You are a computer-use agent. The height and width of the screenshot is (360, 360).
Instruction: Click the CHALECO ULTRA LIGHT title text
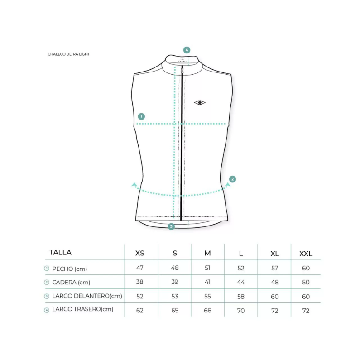(69, 54)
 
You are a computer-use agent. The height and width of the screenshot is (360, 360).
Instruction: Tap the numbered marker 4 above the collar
(187, 50)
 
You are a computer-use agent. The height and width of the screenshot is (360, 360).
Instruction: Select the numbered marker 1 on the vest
(141, 116)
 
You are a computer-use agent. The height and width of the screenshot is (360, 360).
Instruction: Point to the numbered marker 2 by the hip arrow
(233, 179)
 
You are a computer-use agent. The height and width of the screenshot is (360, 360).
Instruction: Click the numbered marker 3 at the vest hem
(171, 226)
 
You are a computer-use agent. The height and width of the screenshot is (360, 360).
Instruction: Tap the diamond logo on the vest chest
(200, 103)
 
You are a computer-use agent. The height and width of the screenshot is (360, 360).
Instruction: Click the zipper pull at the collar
(182, 70)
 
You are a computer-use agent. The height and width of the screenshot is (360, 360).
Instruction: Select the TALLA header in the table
(60, 252)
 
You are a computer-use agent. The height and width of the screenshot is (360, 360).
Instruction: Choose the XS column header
(140, 253)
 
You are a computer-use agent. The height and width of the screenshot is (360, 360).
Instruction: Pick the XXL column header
(306, 254)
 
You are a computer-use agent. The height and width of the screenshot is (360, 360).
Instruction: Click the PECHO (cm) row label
(70, 269)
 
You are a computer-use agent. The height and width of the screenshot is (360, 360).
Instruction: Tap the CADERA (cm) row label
(71, 283)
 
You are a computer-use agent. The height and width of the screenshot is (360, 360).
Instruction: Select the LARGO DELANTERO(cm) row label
(87, 296)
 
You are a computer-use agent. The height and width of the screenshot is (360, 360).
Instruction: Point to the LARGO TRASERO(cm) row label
(83, 309)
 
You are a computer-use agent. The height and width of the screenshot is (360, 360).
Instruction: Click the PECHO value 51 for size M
(207, 268)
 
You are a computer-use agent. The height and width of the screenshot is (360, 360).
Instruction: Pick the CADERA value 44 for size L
(241, 282)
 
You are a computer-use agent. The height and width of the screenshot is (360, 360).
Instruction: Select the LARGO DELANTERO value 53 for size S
(175, 296)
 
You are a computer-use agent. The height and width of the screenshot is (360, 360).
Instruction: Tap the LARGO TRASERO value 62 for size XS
(140, 310)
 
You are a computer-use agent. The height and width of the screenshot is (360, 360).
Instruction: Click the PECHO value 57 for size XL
(274, 268)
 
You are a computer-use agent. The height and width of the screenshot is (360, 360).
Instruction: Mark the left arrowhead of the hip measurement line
(134, 185)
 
